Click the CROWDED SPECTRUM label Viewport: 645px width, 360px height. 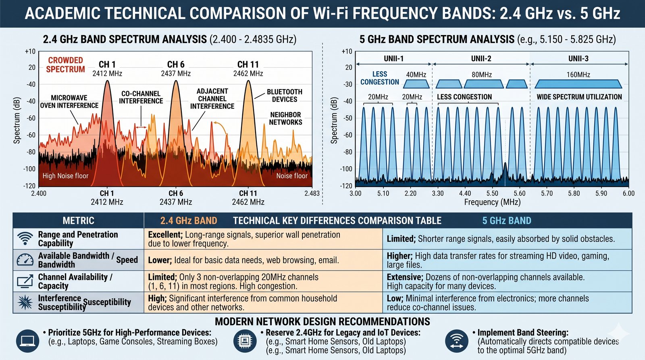coord(66,65)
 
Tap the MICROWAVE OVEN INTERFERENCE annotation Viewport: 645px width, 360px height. coord(69,102)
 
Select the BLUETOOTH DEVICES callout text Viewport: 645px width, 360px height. coord(285,96)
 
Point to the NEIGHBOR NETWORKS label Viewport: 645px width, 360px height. coord(285,119)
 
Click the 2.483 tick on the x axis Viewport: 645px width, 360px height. coord(312,193)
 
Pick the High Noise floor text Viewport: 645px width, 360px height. coord(65,176)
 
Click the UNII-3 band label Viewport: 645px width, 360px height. coord(578,59)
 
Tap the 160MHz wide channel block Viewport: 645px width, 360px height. coord(578,84)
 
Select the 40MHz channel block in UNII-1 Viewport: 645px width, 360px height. coord(416,84)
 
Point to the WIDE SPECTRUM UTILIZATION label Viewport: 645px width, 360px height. coord(579,97)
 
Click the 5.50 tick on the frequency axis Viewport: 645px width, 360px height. coord(492,193)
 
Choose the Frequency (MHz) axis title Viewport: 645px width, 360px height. coord(492,202)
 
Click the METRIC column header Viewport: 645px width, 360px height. coord(78,221)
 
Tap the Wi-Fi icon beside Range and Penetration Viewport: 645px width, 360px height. coord(25,239)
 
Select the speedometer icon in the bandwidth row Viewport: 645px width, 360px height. coord(25,260)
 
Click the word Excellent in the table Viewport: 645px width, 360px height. coord(165,235)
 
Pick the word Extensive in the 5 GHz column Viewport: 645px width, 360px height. coord(405,277)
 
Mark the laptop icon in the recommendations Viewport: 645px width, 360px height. coord(28,341)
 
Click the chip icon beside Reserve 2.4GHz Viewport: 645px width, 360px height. coord(245,341)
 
